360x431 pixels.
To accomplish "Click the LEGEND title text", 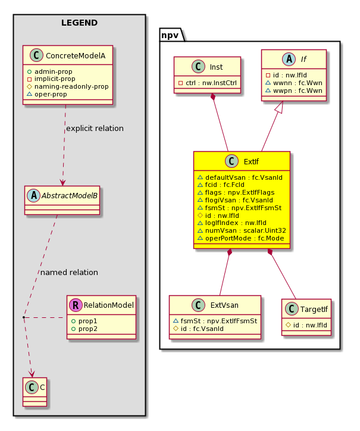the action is click(x=79, y=23).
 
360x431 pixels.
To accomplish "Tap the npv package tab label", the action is click(x=170, y=35).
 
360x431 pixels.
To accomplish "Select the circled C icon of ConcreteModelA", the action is click(x=36, y=55).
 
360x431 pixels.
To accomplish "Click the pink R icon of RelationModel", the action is click(x=76, y=305).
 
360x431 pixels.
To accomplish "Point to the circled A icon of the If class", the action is click(x=289, y=59).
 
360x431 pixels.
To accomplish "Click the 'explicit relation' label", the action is click(x=95, y=129).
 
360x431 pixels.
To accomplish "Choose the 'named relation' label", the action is click(x=69, y=273).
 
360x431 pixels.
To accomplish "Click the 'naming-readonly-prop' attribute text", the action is click(x=71, y=86).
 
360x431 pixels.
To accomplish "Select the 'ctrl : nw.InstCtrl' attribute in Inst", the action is click(x=211, y=83).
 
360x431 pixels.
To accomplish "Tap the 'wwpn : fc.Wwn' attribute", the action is click(x=298, y=90).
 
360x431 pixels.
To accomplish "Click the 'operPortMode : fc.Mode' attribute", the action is click(x=245, y=238).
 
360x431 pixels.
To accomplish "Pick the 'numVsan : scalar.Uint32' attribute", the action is click(x=245, y=230).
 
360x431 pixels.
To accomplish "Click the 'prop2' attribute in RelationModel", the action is click(x=88, y=329).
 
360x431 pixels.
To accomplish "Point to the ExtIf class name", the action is click(x=251, y=162).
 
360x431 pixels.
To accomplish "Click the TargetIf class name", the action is click(x=314, y=310).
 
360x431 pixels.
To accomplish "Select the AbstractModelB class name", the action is click(x=69, y=196).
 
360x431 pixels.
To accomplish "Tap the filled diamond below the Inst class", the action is click(x=212, y=97).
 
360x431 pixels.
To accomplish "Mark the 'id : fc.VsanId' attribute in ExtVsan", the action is click(x=202, y=329).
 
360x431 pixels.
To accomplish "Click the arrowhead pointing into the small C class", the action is click(x=32, y=373).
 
